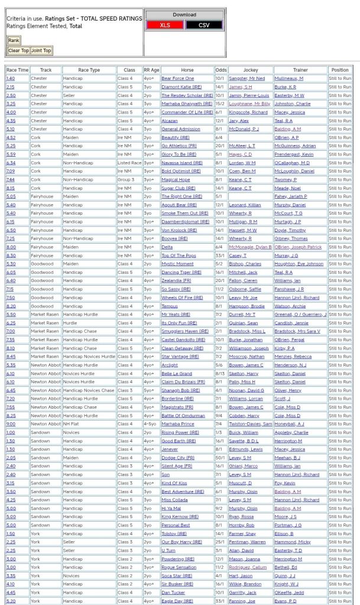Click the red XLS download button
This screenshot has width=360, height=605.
tap(164, 25)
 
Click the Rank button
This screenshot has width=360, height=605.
tap(13, 40)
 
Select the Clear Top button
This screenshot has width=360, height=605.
tap(18, 51)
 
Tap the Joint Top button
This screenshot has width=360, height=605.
tap(41, 51)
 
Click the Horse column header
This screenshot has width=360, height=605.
tap(186, 70)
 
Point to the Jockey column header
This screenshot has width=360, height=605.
tap(250, 70)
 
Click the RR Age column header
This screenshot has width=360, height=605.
tap(151, 70)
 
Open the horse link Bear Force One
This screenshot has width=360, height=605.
tap(177, 78)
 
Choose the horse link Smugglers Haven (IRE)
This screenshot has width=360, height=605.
tap(184, 331)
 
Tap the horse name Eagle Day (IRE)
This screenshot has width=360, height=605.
tap(177, 601)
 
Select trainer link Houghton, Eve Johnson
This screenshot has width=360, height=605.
tap(306, 264)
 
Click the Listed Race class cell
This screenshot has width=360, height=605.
tap(129, 163)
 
